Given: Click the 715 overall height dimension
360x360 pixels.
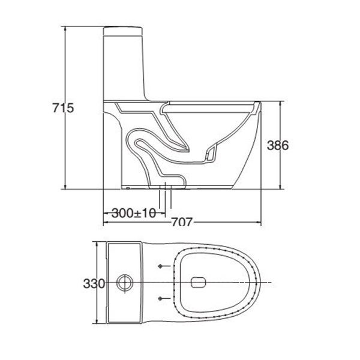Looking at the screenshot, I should click(62, 109).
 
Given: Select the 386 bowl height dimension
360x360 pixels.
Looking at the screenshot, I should click(278, 145).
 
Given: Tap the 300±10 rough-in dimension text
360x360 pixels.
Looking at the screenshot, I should click(130, 212).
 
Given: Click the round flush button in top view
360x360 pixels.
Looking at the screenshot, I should click(125, 282).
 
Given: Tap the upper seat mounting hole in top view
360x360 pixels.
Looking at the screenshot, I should click(161, 266).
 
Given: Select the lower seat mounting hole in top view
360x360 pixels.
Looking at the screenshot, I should click(161, 298).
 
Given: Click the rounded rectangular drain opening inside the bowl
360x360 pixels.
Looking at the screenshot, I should click(198, 282).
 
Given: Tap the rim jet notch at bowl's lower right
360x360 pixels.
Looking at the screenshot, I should click(210, 154).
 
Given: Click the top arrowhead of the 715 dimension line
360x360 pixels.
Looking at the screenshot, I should click(65, 28).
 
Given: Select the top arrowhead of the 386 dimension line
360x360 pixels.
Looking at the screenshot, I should click(282, 103).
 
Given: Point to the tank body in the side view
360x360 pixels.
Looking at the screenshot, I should click(125, 66).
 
